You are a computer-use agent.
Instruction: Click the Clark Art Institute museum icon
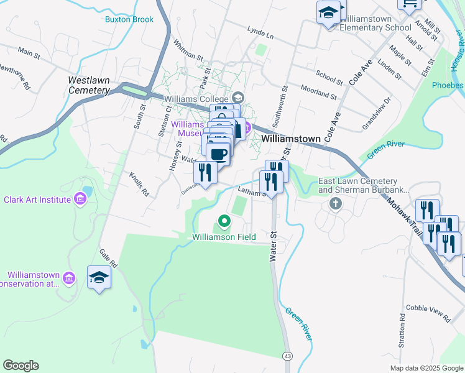80,200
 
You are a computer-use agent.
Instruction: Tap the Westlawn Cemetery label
89,85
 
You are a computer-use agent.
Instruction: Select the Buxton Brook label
129,19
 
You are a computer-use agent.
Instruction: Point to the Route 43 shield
287,356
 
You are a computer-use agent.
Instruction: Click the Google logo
21,366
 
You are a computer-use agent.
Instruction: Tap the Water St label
272,247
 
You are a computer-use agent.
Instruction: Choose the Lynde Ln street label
260,30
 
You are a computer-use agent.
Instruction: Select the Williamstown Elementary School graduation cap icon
328,12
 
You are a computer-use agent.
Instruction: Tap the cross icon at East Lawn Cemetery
336,204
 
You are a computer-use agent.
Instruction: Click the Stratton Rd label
402,333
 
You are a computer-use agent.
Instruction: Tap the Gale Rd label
108,259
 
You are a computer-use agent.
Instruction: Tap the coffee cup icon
218,154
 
